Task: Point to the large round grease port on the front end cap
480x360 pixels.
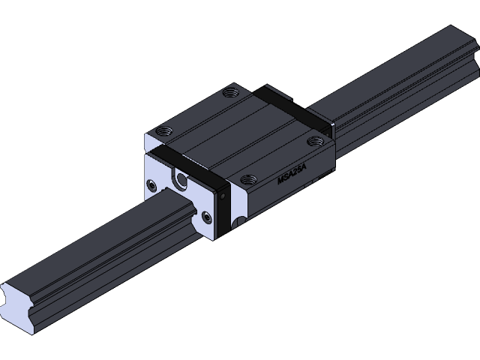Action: pyautogui.click(x=180, y=178)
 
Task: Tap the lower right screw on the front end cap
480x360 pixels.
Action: pyautogui.click(x=207, y=217)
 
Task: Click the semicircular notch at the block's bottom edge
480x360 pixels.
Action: pyautogui.click(x=238, y=223)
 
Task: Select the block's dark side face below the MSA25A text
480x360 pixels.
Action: pyautogui.click(x=285, y=196)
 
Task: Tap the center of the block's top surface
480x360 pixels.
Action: pyautogui.click(x=236, y=135)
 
